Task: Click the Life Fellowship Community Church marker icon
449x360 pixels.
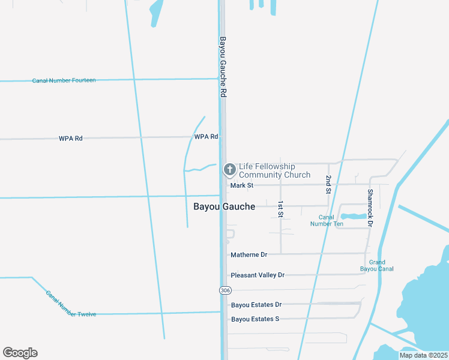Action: pyautogui.click(x=229, y=170)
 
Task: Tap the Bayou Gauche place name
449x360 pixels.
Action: pyautogui.click(x=224, y=206)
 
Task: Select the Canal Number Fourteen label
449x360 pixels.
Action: pyautogui.click(x=64, y=80)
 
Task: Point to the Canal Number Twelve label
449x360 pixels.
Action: pyautogui.click(x=71, y=304)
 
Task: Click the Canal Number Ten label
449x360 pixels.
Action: pyautogui.click(x=327, y=220)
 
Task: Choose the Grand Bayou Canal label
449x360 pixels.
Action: pyautogui.click(x=377, y=265)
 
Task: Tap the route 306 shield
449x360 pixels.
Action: pyautogui.click(x=224, y=290)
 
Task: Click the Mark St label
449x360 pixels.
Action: pyautogui.click(x=242, y=185)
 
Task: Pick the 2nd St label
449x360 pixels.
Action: pyautogui.click(x=328, y=184)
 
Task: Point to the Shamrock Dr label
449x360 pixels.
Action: pyautogui.click(x=370, y=208)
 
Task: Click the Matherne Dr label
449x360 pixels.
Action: pyautogui.click(x=249, y=255)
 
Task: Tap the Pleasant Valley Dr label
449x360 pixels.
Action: pyautogui.click(x=258, y=275)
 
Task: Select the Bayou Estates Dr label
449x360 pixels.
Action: pyautogui.click(x=256, y=305)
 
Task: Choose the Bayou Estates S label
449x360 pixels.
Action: pyautogui.click(x=255, y=319)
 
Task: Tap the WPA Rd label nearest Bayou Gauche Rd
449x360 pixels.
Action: pyautogui.click(x=206, y=137)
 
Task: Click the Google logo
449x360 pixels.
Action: pyautogui.click(x=20, y=353)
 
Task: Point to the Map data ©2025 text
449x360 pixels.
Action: pyautogui.click(x=424, y=355)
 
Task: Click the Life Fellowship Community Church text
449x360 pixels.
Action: pyautogui.click(x=274, y=170)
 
